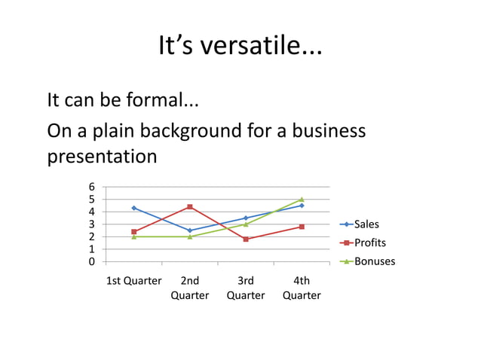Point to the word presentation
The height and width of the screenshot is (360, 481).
point(102,157)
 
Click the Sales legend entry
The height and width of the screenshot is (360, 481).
point(366,224)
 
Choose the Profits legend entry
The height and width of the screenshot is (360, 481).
point(369,243)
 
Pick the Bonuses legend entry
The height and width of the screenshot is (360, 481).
point(374,261)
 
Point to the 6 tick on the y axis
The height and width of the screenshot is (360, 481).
point(92,187)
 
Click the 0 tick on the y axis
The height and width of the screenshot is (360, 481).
point(92,261)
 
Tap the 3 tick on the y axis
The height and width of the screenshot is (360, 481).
point(92,224)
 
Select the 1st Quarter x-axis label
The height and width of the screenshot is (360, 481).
point(133,281)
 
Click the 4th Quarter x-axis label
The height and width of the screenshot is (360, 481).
point(302,288)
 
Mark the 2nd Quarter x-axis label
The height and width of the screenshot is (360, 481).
point(190,288)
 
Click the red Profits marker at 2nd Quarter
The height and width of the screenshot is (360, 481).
point(190,207)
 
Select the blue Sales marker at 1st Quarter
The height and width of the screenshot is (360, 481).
point(133,208)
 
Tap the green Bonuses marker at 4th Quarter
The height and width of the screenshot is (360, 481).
point(302,200)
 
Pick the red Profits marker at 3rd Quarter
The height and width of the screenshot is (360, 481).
point(246,239)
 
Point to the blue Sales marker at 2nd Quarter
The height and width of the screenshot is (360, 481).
point(190,230)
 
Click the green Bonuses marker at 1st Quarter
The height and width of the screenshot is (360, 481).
point(133,236)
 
